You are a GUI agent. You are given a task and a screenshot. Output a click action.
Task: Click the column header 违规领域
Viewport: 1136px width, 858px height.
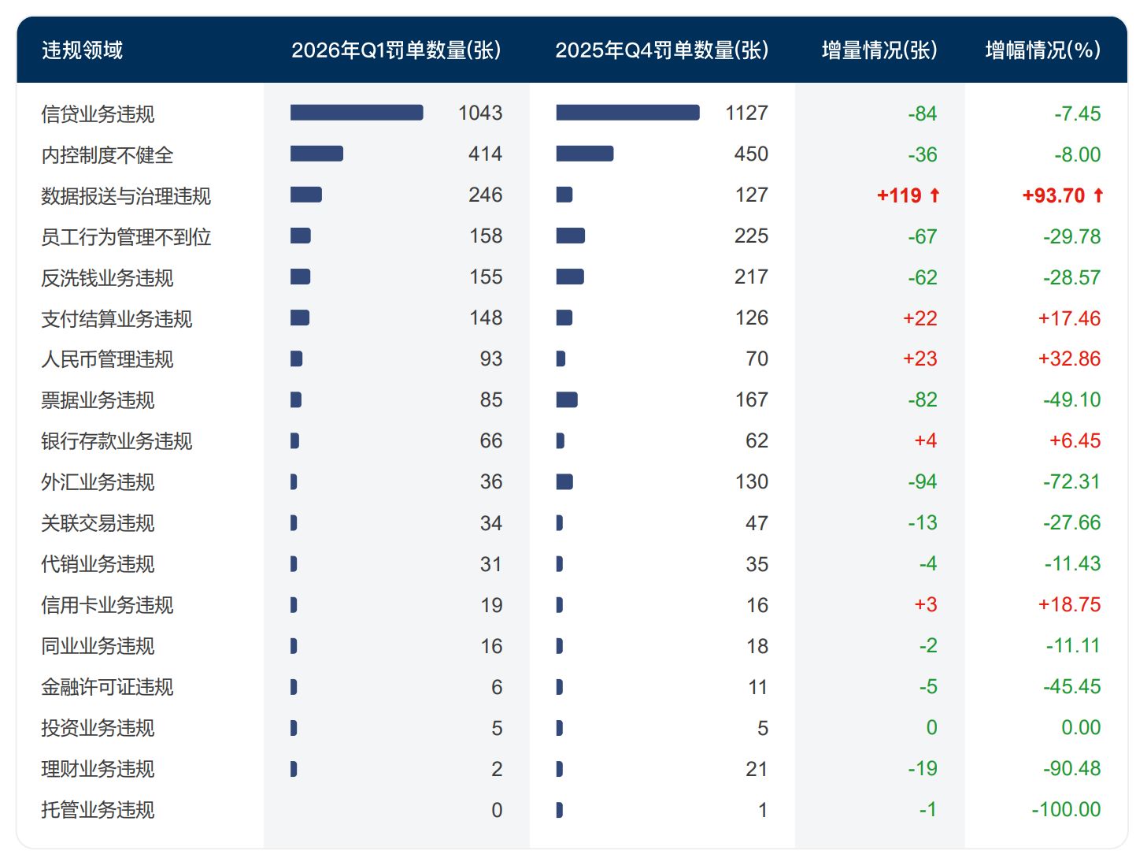pyautogui.click(x=83, y=50)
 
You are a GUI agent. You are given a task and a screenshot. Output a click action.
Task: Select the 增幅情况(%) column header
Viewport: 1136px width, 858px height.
pyautogui.click(x=1042, y=50)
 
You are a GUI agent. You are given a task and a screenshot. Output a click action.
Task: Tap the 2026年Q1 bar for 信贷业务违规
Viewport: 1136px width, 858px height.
pyautogui.click(x=356, y=113)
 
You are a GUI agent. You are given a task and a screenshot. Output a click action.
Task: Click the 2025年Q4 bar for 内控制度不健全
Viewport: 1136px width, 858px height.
pyautogui.click(x=584, y=154)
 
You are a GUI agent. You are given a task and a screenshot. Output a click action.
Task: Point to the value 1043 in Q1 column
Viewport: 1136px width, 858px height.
pyautogui.click(x=479, y=113)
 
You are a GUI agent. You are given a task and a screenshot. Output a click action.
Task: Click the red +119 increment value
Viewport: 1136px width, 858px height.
pyautogui.click(x=898, y=195)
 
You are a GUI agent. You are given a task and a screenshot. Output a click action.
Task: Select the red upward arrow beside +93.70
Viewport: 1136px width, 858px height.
pyautogui.click(x=1098, y=195)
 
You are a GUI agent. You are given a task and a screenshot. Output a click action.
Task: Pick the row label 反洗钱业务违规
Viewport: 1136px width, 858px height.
pyautogui.click(x=107, y=277)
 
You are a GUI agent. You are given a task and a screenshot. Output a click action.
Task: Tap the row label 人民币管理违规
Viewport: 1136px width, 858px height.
pyautogui.click(x=107, y=359)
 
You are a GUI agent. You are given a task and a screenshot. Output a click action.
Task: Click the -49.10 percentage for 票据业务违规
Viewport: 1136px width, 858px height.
pyautogui.click(x=1071, y=399)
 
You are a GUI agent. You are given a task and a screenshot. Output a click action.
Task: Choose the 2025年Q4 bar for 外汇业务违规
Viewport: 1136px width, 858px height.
pyautogui.click(x=564, y=481)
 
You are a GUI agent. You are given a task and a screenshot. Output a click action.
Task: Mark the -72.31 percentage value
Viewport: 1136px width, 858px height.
pyautogui.click(x=1071, y=481)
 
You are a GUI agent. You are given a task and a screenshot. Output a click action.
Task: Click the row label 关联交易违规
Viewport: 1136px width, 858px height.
pyautogui.click(x=98, y=523)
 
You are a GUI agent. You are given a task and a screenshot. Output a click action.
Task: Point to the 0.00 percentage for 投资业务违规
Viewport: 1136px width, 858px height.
pyautogui.click(x=1080, y=727)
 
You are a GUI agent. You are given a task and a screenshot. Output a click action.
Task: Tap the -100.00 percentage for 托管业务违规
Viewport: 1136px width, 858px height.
pyautogui.click(x=1066, y=809)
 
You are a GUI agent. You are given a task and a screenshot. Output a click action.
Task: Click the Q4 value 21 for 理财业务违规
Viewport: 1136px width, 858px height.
pyautogui.click(x=756, y=769)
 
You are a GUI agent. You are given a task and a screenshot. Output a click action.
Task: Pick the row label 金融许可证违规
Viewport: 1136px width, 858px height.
pyautogui.click(x=107, y=687)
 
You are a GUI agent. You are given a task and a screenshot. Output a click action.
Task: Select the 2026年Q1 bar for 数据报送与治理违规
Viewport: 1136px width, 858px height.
pyautogui.click(x=305, y=195)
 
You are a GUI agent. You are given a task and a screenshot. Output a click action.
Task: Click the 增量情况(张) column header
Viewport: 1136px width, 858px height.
pyautogui.click(x=879, y=50)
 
